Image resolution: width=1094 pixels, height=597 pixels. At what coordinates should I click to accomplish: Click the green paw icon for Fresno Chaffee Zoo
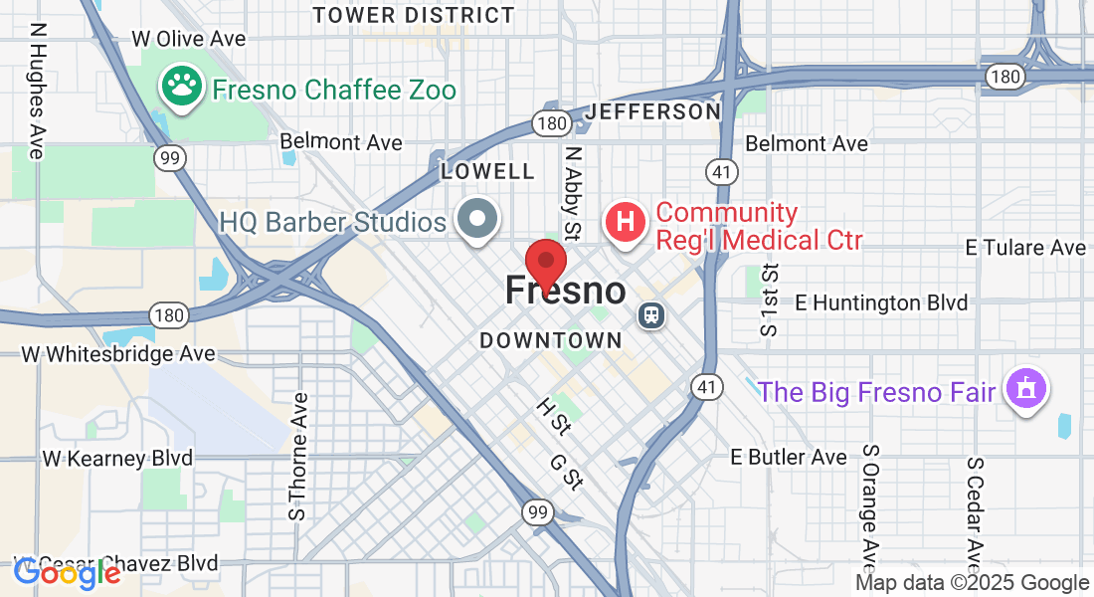coord(181,88)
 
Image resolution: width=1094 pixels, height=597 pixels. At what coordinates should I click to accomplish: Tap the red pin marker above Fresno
coord(546,264)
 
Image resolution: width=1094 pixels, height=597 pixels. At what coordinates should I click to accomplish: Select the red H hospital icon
coord(625,222)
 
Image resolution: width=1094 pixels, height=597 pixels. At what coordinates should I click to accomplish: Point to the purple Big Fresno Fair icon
coord(1025,388)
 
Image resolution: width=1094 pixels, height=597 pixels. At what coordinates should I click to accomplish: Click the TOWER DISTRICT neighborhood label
coord(414,15)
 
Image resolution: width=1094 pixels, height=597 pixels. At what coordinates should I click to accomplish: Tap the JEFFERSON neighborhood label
coord(652,111)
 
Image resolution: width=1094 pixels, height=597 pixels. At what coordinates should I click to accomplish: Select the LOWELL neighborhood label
coord(487,171)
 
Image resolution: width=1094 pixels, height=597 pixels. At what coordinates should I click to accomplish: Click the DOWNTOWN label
coord(551,340)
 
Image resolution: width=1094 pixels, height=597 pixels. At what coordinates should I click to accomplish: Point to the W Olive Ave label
coord(189,39)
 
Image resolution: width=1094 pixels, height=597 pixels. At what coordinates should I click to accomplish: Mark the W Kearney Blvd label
coord(117,459)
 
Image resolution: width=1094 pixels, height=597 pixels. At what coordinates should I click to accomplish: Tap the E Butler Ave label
coord(789,457)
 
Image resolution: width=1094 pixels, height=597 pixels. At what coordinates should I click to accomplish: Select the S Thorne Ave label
coord(297,457)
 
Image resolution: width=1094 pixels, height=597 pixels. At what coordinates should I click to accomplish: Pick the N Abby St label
coord(572,194)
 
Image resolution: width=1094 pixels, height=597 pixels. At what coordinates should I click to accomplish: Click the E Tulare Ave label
coord(1026,247)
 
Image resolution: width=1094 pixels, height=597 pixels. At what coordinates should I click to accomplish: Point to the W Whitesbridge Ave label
coord(118,353)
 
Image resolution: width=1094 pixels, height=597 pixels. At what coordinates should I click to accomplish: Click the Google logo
coord(68,572)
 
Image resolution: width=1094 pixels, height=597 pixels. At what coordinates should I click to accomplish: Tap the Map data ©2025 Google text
coord(973,583)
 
